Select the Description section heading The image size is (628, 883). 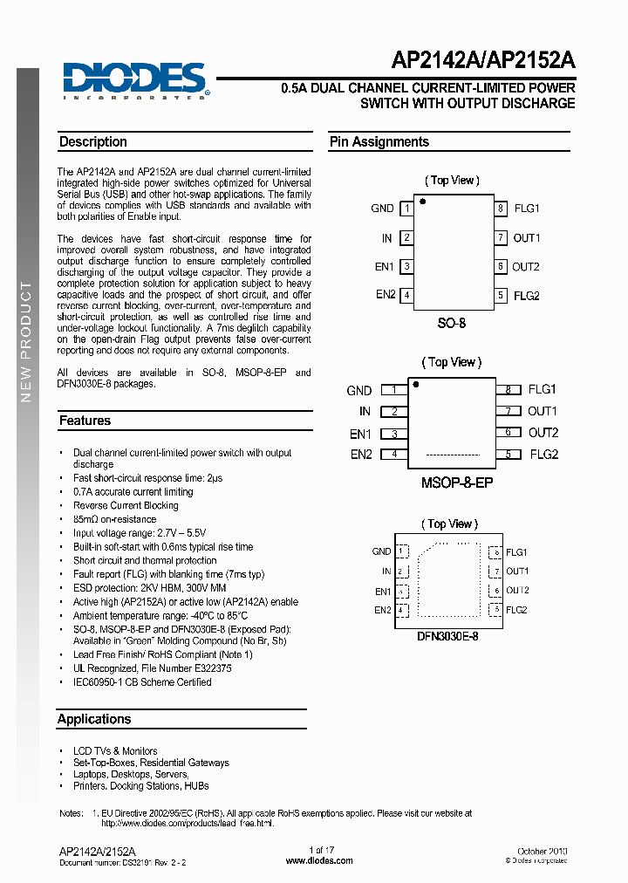coord(93,142)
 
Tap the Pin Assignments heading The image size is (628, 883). coord(379,142)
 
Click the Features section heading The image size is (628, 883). coord(85,421)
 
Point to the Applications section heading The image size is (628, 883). coord(94,719)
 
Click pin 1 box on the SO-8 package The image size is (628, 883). coord(406,209)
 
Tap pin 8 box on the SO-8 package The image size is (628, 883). coord(501,209)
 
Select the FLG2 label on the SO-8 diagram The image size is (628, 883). coord(526,296)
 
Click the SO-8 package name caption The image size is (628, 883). coord(451,323)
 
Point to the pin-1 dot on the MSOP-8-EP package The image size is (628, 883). coord(416,384)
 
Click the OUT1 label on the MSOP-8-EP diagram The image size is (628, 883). coord(542,411)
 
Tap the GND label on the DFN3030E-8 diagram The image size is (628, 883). coord(381,551)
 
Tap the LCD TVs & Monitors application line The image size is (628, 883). coord(115,751)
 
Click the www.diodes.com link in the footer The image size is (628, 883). coord(319,860)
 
